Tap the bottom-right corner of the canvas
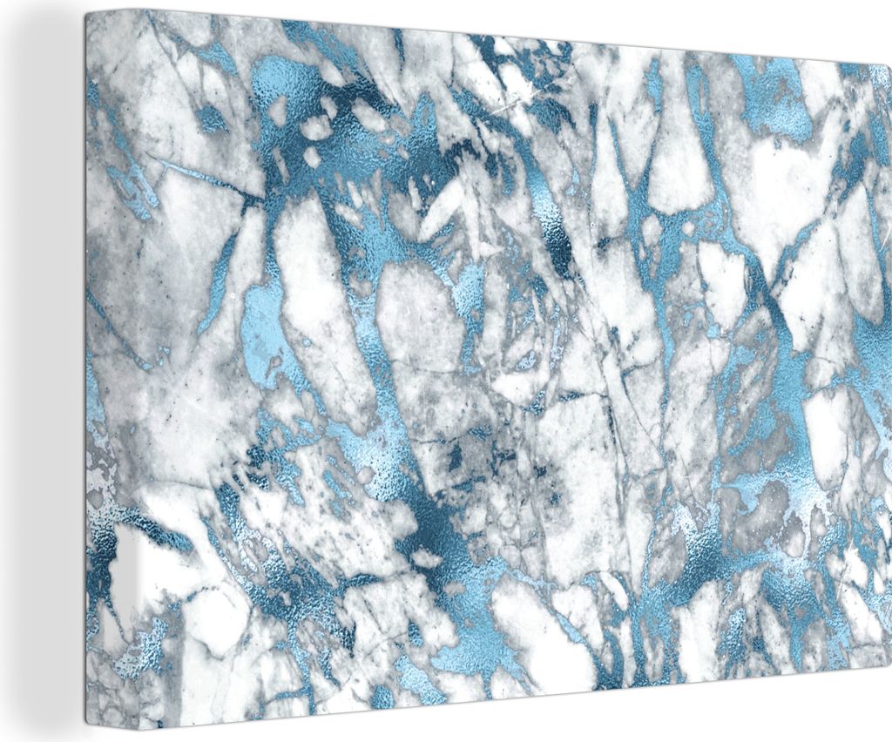[889, 688]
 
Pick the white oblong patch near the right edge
[828, 427]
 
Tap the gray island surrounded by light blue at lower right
[767, 505]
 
